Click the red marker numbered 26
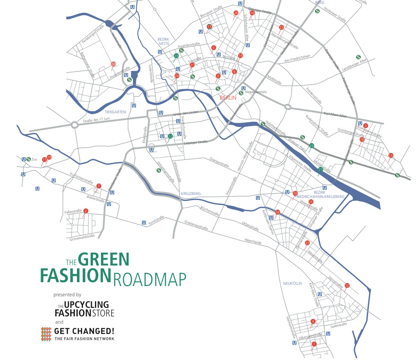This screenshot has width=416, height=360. click(113, 64)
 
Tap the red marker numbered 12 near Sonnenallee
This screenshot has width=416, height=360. click(347, 286)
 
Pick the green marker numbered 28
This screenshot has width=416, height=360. click(312, 146)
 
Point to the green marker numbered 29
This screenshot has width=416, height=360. click(176, 56)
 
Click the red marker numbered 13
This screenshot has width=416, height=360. click(390, 155)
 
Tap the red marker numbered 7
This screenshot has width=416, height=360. click(99, 186)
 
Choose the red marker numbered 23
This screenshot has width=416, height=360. click(307, 243)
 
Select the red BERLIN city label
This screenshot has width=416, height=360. click(227, 98)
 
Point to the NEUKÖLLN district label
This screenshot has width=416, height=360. click(292, 283)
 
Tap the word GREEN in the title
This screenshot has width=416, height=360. click(103, 260)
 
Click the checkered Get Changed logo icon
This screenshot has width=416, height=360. click(46, 334)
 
